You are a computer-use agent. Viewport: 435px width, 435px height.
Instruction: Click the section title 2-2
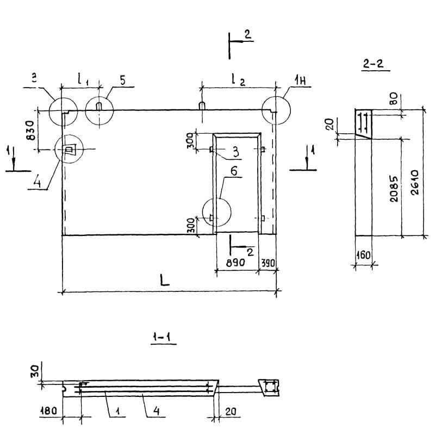point(373,64)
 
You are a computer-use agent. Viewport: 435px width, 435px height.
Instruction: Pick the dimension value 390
point(269,262)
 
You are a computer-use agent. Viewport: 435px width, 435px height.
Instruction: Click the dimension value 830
point(30,130)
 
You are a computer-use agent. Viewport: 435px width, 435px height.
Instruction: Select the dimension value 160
point(364,254)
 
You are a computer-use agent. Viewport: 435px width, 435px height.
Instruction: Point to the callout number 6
point(233,171)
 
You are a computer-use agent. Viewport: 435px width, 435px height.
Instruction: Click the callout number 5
point(122,80)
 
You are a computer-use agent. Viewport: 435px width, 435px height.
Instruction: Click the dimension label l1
point(82,79)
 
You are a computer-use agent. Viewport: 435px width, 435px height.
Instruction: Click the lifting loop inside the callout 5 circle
point(98,106)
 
